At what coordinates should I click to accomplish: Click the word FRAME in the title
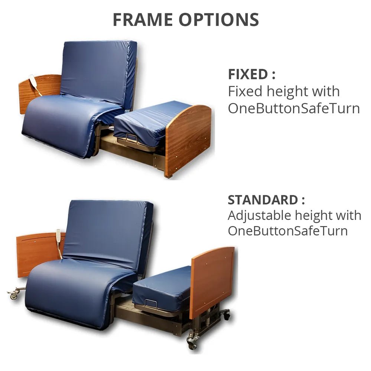click(x=143, y=20)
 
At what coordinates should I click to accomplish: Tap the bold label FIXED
click(x=248, y=74)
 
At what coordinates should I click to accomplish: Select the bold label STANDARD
click(x=263, y=200)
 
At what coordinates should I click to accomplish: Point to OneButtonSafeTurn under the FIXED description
click(x=293, y=108)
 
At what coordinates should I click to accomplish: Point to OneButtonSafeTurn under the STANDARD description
click(x=288, y=231)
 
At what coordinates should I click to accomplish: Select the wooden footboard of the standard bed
click(x=212, y=280)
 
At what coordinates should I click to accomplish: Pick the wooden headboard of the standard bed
click(x=37, y=253)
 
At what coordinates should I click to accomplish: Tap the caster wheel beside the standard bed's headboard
click(x=14, y=295)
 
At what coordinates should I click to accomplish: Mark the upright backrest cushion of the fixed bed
click(x=98, y=71)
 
